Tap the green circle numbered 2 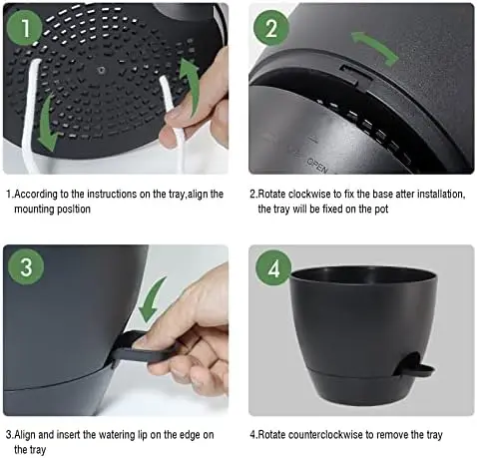pos(269,28)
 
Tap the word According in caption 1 pos(39,194)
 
